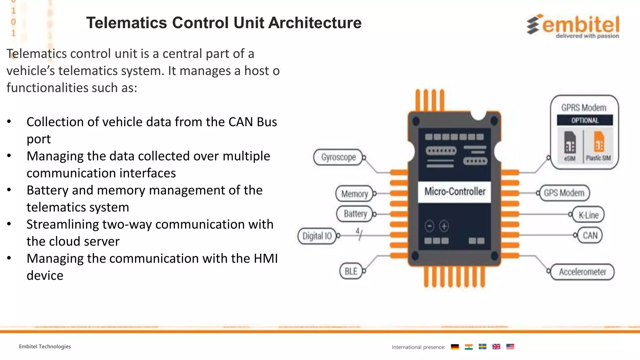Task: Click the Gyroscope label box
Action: [x=338, y=157]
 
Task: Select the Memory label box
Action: [x=355, y=194]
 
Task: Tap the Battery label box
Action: [x=355, y=214]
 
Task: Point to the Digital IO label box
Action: [x=317, y=236]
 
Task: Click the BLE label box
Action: [x=351, y=271]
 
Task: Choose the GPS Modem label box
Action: [x=564, y=193]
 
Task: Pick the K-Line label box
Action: [x=588, y=215]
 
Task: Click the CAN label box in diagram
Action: [x=590, y=235]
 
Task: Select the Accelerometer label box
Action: [x=582, y=272]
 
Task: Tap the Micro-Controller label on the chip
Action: [x=455, y=192]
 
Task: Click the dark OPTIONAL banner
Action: [x=585, y=120]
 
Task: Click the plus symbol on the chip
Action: [x=444, y=226]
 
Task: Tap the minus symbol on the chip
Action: [x=429, y=226]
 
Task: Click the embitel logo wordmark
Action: [x=581, y=25]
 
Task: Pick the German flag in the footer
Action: [x=455, y=347]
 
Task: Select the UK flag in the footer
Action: [x=496, y=347]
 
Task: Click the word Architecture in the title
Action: [x=315, y=23]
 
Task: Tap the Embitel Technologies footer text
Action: [x=45, y=347]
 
